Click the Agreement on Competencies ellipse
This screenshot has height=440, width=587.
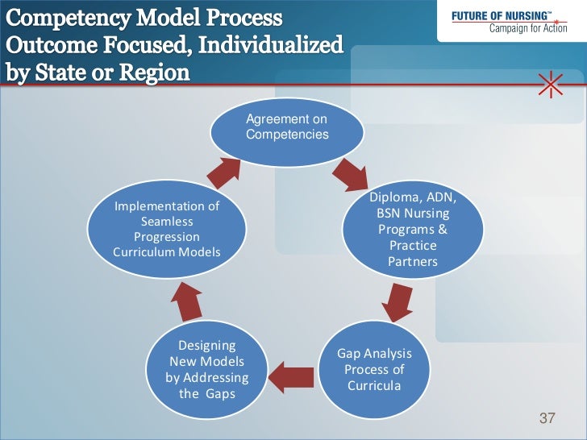pyautogui.click(x=287, y=128)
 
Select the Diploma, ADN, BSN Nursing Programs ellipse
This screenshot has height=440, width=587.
pyautogui.click(x=412, y=230)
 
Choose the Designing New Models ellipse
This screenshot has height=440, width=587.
pyautogui.click(x=206, y=372)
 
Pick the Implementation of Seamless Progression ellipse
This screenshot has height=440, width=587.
pyautogui.click(x=167, y=230)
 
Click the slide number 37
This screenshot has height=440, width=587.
pyautogui.click(x=547, y=418)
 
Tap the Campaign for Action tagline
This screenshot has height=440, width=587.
pyautogui.click(x=523, y=30)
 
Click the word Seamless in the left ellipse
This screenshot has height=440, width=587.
pyautogui.click(x=167, y=222)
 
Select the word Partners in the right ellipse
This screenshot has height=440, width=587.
pyautogui.click(x=412, y=262)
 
